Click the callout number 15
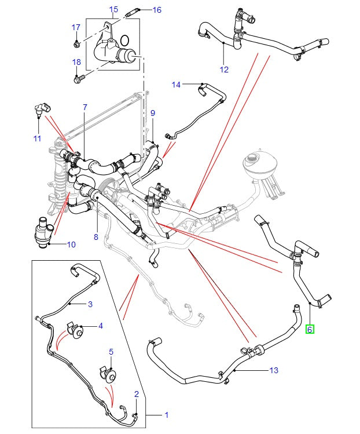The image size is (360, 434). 113,9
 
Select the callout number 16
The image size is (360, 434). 157,10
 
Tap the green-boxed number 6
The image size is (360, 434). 310,329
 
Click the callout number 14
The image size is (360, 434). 176,85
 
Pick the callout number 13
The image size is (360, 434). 274,370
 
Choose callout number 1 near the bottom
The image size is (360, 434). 167,415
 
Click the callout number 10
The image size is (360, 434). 71,244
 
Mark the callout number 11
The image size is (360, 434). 37,138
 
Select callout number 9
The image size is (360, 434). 153,112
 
